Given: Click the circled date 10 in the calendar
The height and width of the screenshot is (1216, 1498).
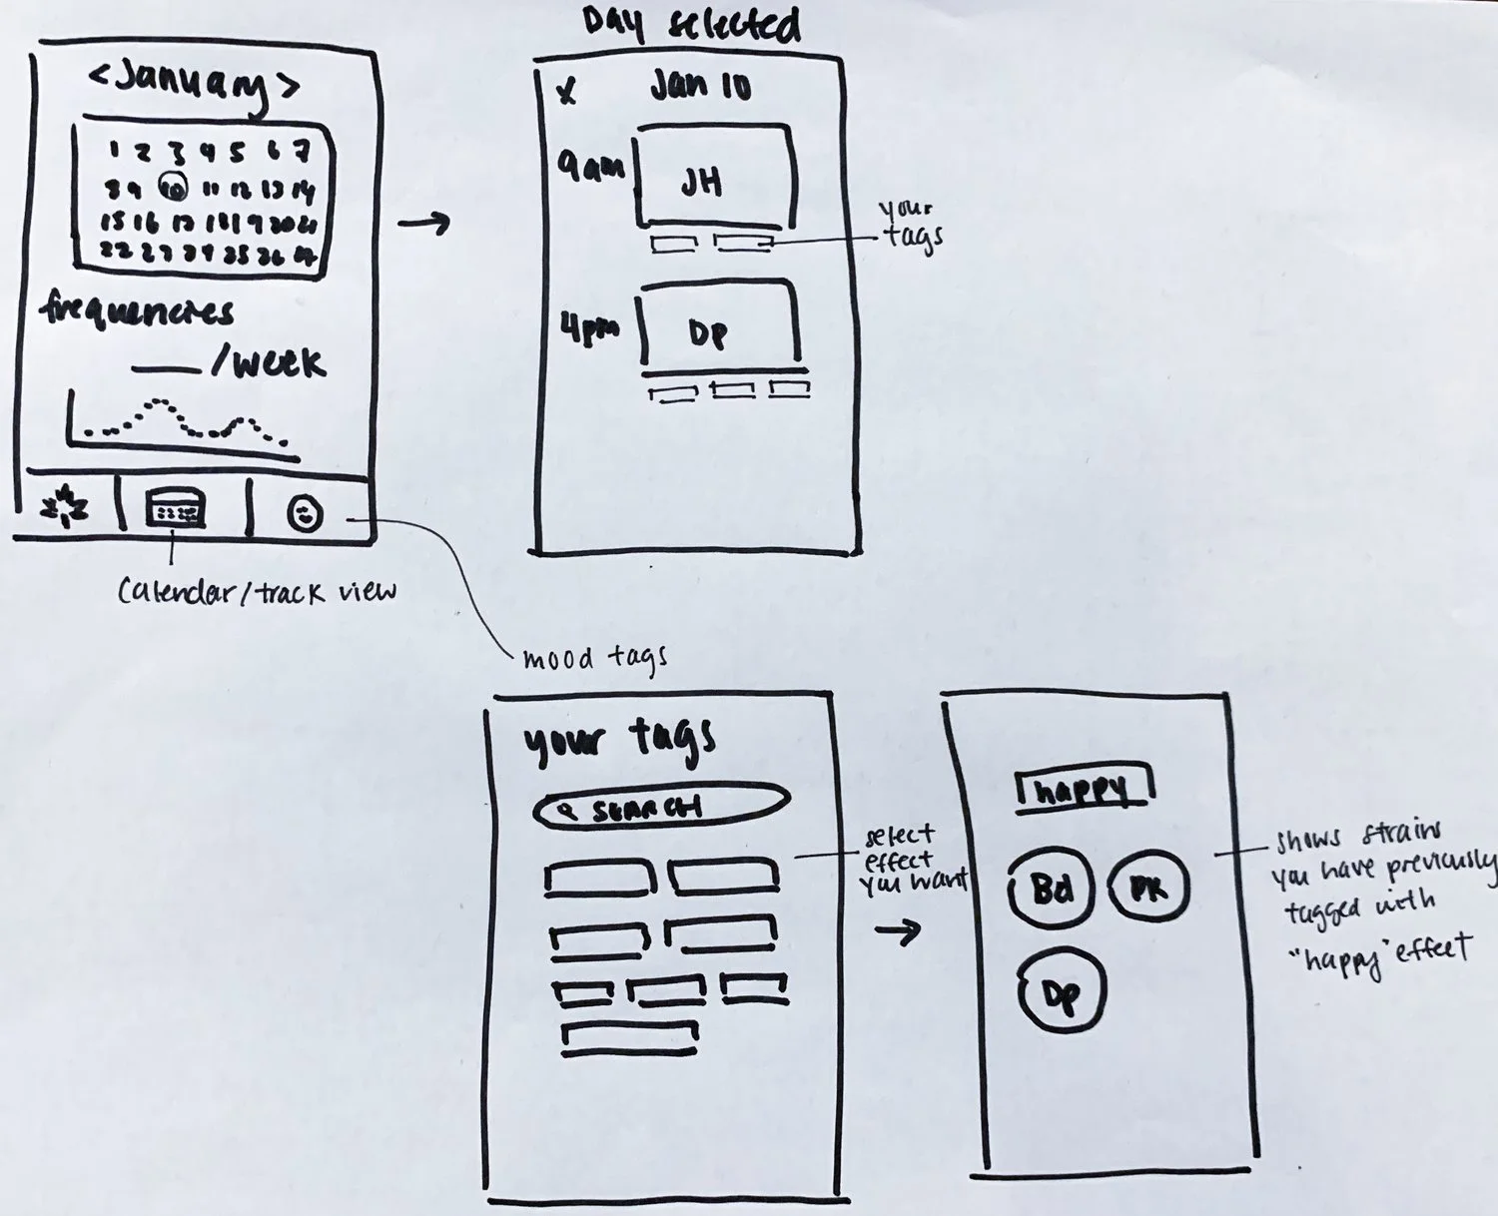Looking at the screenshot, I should (173, 186).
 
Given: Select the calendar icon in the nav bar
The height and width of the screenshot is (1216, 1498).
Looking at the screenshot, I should (176, 508).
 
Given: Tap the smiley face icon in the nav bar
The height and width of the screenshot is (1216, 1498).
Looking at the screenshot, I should (305, 513).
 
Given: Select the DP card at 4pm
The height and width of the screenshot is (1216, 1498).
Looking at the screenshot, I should (720, 323).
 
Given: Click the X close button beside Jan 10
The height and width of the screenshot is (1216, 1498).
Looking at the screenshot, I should (566, 92).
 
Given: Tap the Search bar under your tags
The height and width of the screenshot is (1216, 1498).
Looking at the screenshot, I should (661, 807).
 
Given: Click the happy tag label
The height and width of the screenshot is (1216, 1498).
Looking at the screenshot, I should (1084, 790).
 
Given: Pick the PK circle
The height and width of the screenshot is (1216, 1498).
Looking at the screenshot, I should (1148, 887).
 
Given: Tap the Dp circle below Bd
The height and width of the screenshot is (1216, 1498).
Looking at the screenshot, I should (1062, 992).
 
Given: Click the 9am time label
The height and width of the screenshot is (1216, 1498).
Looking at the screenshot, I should (590, 166).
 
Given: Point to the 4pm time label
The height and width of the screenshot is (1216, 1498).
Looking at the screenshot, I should (589, 329).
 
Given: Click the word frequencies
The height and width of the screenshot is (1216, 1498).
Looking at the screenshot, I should (137, 311).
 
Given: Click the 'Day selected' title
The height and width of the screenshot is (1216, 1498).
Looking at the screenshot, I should (691, 26).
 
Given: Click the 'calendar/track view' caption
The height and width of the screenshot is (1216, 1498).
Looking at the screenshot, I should (257, 591).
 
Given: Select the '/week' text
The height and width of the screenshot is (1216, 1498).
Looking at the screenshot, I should (268, 363).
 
